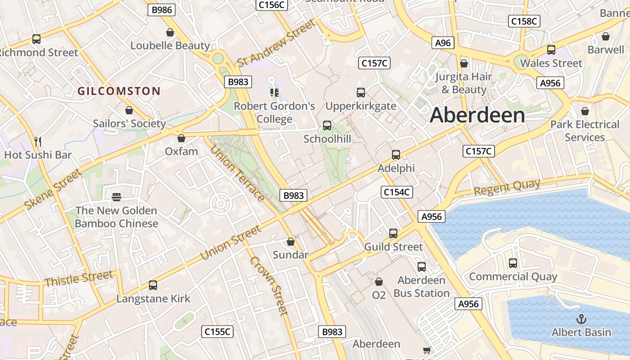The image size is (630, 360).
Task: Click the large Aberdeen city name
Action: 477,115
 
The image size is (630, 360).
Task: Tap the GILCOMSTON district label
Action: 119,91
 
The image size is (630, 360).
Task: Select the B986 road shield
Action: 161,10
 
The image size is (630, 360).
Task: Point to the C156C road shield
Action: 271,4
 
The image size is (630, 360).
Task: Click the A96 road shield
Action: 443,43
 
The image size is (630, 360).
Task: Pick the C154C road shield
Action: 396,192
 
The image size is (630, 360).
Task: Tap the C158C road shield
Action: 524,21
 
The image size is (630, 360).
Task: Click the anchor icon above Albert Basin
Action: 581,319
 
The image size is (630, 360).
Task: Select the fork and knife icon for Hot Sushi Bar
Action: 38,142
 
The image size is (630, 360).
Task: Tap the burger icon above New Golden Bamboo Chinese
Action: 117,197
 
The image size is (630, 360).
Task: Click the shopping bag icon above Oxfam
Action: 181,138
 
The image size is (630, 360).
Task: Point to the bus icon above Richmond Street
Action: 36,39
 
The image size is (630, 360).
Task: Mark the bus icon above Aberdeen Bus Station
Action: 422,266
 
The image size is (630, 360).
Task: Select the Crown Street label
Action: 269,285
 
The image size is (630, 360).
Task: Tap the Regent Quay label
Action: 507,187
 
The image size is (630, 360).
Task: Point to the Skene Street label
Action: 54,189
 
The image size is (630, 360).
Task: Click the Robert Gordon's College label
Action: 274,112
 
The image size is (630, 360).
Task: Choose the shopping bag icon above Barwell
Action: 606,36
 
